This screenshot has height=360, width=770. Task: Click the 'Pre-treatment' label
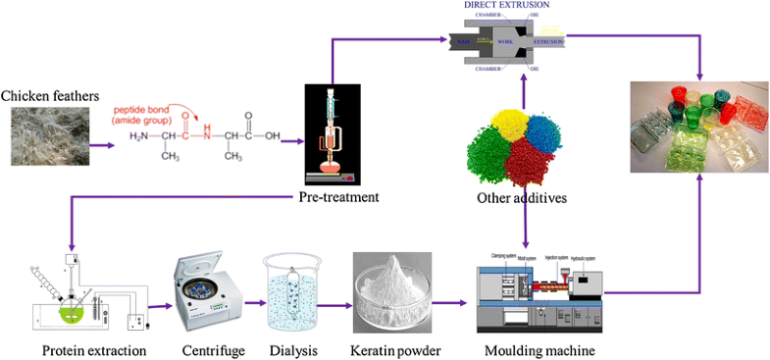point(339,198)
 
